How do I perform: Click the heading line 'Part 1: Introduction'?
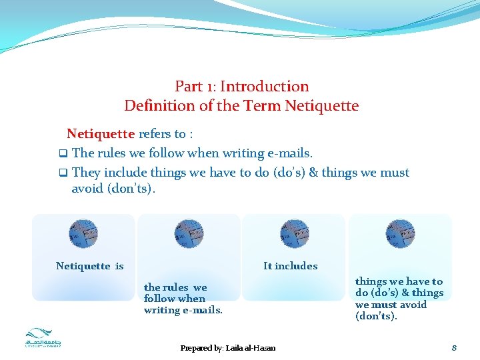[x=241, y=86]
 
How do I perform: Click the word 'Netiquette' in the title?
[x=321, y=105]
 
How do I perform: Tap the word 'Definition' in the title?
[x=159, y=105]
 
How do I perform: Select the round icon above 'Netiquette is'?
[x=83, y=233]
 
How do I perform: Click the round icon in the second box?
[x=189, y=233]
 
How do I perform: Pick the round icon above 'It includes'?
[x=294, y=233]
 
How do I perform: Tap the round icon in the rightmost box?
[x=400, y=233]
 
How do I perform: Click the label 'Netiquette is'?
[x=90, y=266]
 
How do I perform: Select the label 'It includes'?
[x=290, y=265]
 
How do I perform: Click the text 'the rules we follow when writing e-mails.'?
[x=183, y=299]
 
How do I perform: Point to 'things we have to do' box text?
[x=399, y=299]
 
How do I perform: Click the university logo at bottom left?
[x=43, y=339]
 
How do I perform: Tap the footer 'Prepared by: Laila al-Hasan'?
[x=228, y=348]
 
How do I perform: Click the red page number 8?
[x=453, y=347]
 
